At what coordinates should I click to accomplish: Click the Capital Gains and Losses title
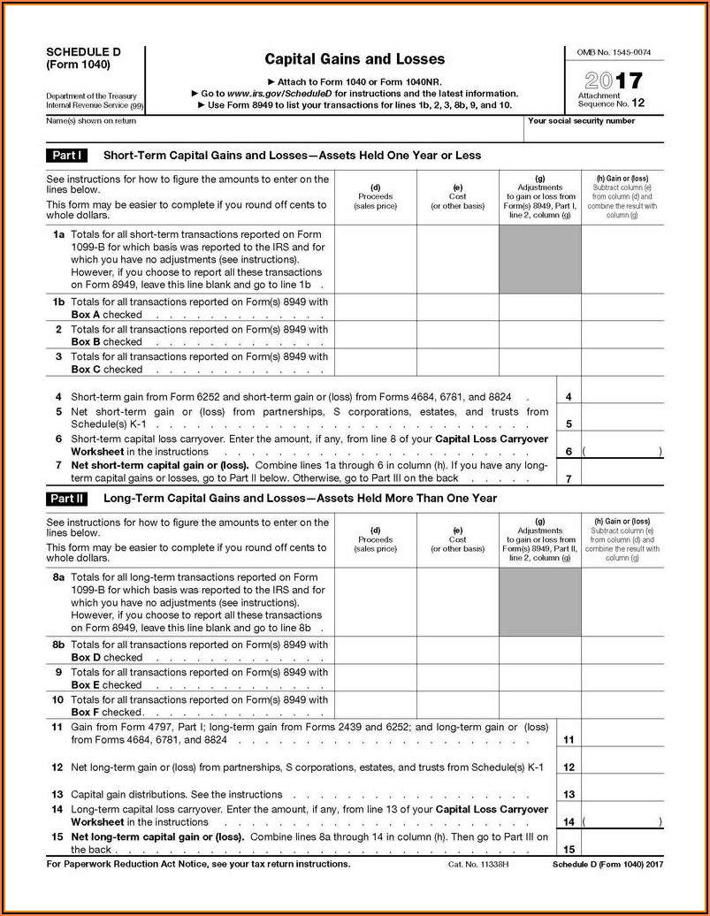[x=355, y=59]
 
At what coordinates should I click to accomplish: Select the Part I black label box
[x=67, y=156]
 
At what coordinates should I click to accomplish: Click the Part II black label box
[x=67, y=499]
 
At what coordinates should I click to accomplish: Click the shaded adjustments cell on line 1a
[x=539, y=261]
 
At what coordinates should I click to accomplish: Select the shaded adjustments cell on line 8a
[x=539, y=602]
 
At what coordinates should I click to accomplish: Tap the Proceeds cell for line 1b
[x=375, y=308]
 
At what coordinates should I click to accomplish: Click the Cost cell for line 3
[x=457, y=363]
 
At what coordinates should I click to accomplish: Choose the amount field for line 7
[x=622, y=471]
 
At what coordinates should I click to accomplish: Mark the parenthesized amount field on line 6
[x=622, y=451]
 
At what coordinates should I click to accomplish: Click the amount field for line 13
[x=622, y=794]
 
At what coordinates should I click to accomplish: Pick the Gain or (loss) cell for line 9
[x=622, y=677]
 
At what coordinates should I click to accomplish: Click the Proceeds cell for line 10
[x=375, y=705]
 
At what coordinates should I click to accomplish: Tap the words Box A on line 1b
[x=86, y=315]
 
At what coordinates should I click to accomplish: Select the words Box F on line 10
[x=86, y=712]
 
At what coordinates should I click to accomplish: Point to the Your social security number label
[x=581, y=121]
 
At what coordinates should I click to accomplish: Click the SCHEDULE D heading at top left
[x=83, y=52]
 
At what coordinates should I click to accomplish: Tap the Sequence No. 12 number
[x=637, y=103]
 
